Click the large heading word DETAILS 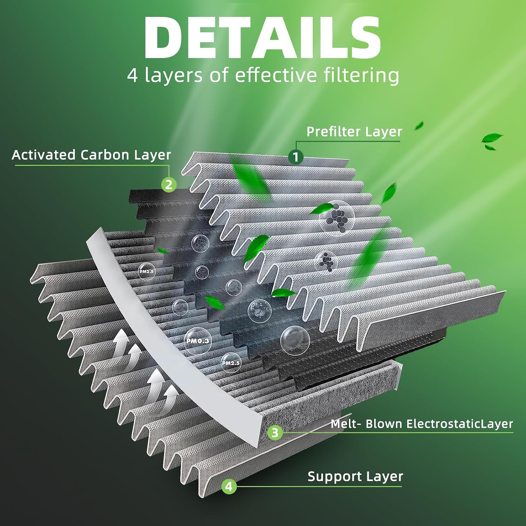pos(262,37)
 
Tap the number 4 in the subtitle pos(133,75)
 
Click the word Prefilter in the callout pos(333,132)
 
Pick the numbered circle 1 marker pos(296,157)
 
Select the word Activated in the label pos(43,155)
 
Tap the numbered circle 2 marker pos(169,184)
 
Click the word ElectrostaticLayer pos(459,424)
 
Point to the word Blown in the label pos(384,424)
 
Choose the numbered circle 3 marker pos(275,432)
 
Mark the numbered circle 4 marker pos(229,486)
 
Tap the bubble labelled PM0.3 pos(198,341)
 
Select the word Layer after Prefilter pos(383,132)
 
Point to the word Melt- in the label pos(346,424)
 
